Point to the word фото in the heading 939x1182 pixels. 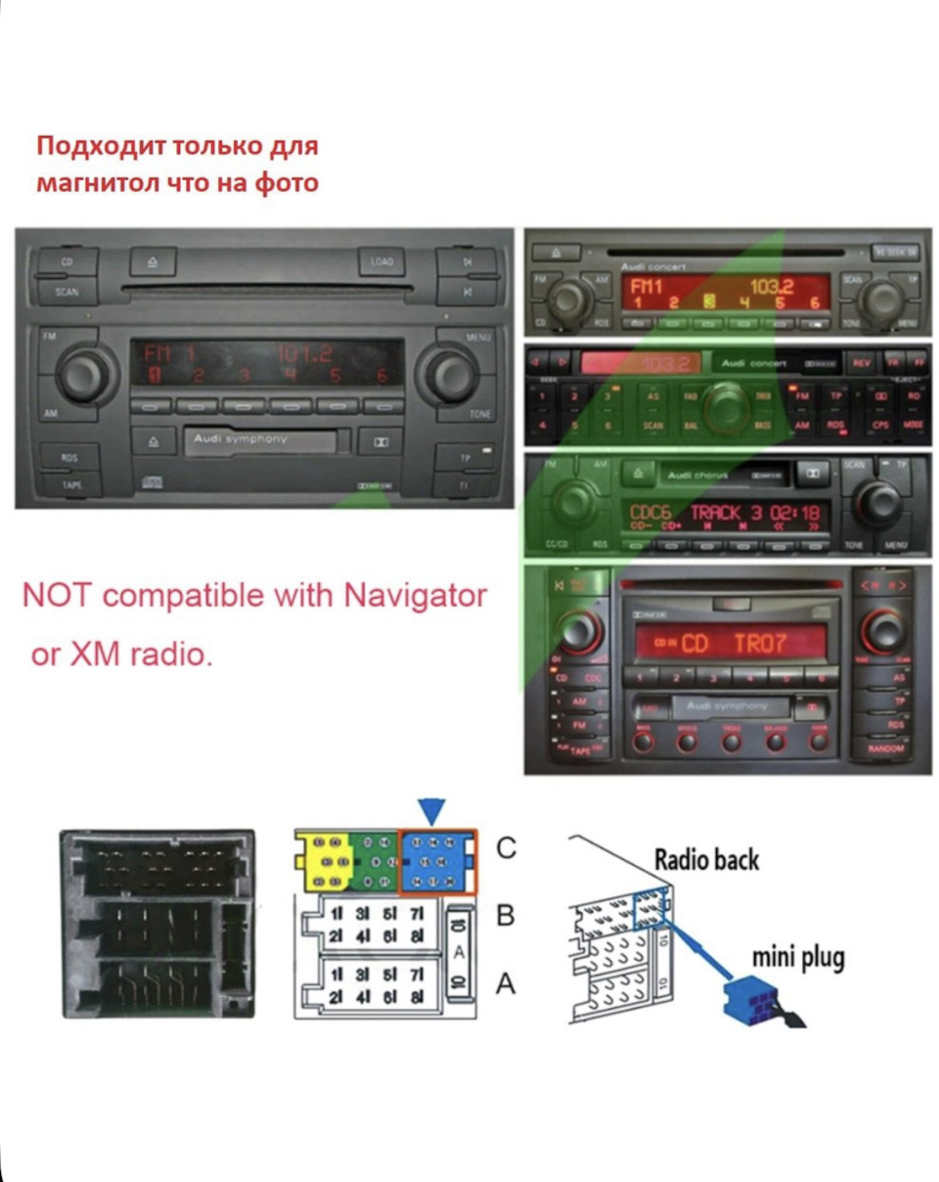tap(282, 182)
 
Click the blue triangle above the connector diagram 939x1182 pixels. tap(431, 810)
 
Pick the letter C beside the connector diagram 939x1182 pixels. tap(506, 848)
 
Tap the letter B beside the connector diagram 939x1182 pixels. tap(506, 916)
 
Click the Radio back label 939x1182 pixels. tap(706, 860)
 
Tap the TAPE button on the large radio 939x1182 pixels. tap(69, 484)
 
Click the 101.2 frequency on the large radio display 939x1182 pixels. tap(304, 353)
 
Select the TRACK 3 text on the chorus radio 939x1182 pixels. tap(726, 513)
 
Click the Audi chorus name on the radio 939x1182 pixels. tap(693, 475)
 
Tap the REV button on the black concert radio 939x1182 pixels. tap(861, 363)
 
